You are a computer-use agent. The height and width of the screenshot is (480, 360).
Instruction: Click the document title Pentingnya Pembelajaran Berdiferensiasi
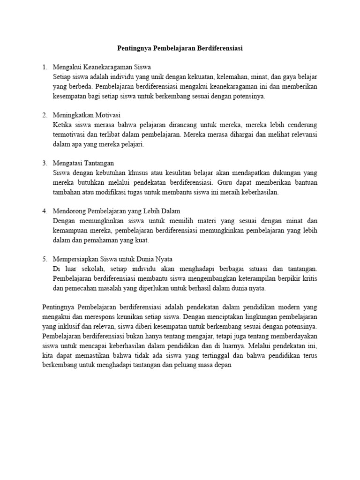(180, 48)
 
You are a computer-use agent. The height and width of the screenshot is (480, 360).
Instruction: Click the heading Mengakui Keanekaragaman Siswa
(102, 67)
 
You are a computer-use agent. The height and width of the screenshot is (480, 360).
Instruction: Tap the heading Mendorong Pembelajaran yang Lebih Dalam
(117, 211)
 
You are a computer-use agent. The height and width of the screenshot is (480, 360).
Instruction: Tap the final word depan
(223, 365)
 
